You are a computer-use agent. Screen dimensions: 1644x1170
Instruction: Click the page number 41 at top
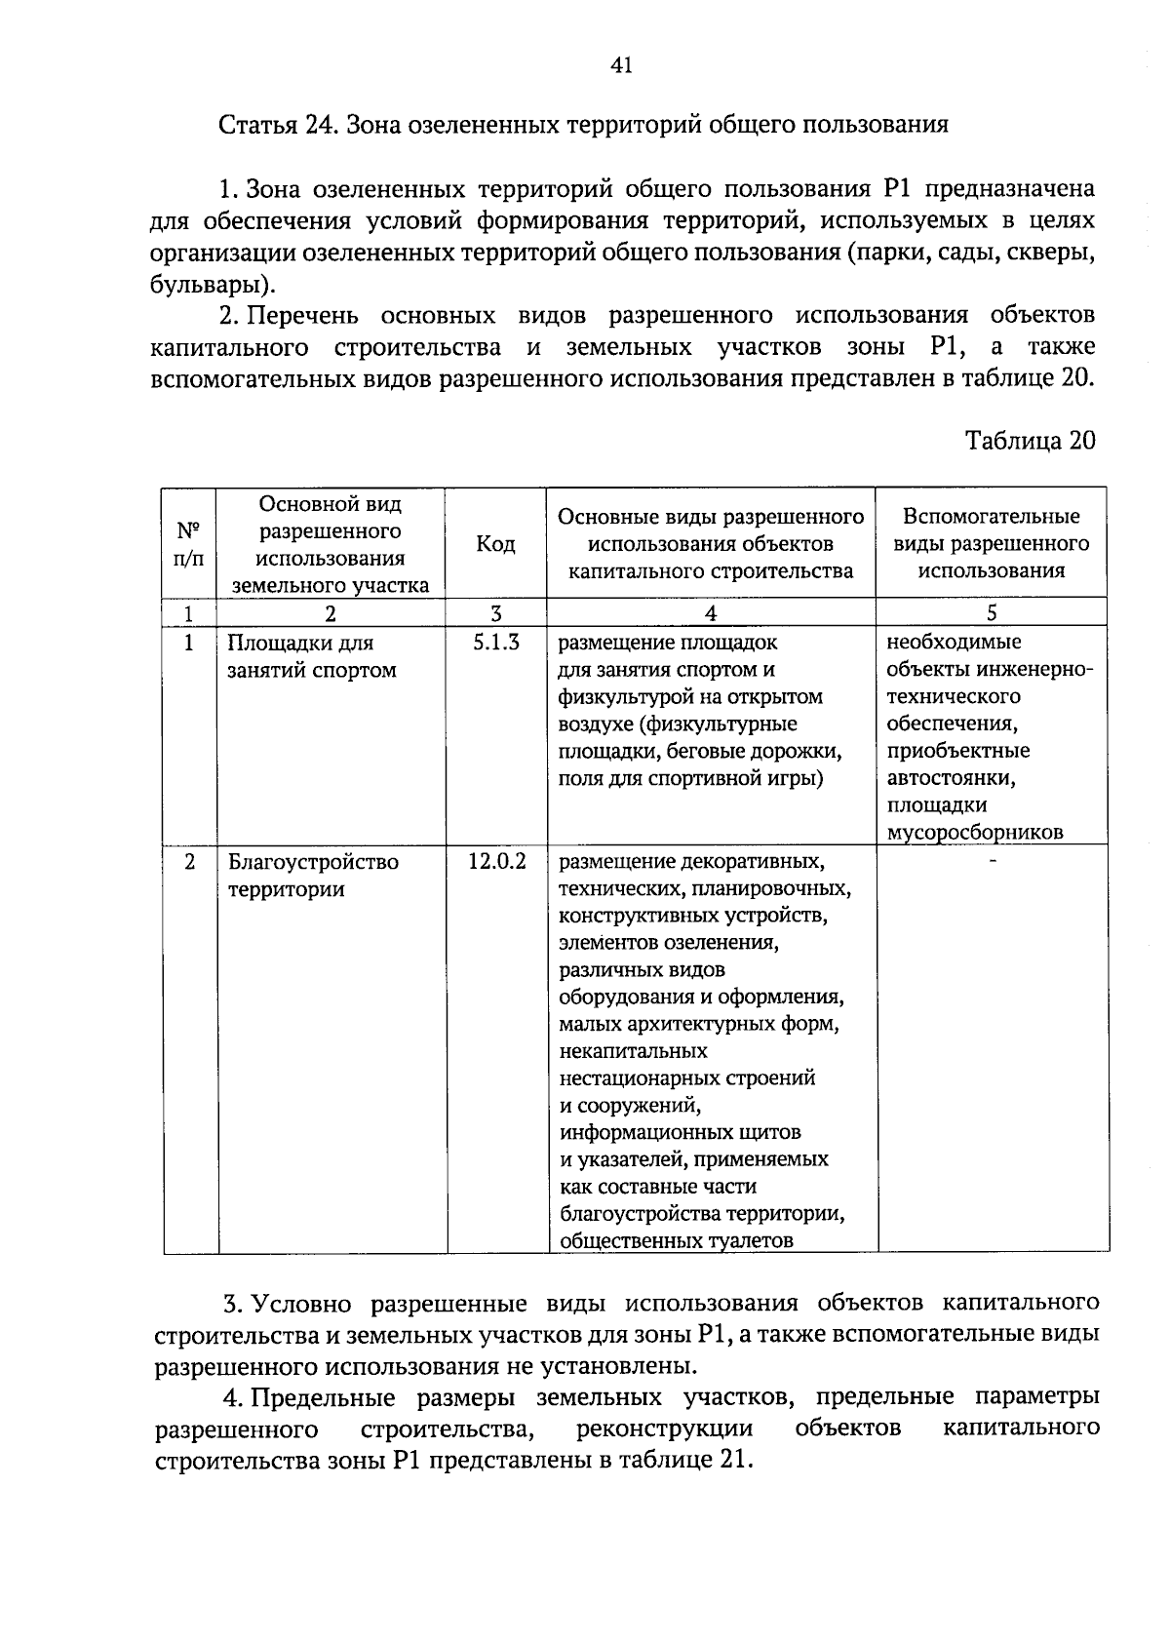621,65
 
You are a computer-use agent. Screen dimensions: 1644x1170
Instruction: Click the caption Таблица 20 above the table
1030,441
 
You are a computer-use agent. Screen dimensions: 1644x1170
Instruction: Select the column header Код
495,544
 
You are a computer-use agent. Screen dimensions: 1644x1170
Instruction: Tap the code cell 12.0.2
496,862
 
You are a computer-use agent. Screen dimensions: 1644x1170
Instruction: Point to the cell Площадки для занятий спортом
312,656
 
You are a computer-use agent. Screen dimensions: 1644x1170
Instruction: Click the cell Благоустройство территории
312,876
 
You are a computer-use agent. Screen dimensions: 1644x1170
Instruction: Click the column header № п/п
189,544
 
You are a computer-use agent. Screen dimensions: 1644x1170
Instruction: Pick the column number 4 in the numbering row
710,612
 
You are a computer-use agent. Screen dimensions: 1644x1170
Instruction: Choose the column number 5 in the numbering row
992,612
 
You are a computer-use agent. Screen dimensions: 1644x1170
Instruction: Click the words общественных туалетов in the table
676,1240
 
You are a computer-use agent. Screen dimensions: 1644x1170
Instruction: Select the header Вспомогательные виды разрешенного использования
991,543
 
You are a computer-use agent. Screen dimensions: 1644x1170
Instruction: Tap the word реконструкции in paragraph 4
664,1429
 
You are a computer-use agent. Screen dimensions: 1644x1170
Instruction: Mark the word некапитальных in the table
633,1051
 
